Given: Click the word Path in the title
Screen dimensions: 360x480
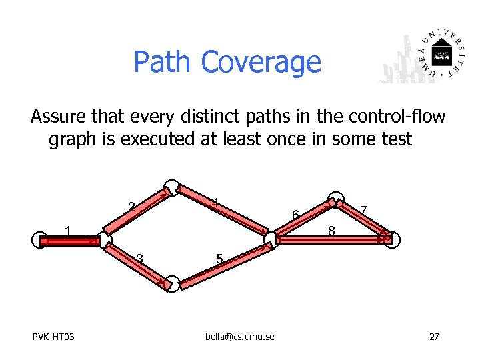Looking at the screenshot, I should point(163,62).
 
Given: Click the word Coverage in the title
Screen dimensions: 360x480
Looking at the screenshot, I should point(261,62).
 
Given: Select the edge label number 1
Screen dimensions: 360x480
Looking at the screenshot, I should point(67,231).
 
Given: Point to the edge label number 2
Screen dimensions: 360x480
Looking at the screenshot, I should point(132,207).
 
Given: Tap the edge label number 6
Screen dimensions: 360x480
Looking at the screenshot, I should point(294,214).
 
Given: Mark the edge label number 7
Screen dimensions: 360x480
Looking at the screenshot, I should point(363,211).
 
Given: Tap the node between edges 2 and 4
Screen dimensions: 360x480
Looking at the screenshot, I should point(173,187).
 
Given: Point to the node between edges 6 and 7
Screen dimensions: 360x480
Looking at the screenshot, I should point(337,200).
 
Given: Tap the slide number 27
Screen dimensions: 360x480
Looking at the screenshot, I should point(434,337).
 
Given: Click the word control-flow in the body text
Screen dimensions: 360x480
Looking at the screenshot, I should point(396,117).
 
